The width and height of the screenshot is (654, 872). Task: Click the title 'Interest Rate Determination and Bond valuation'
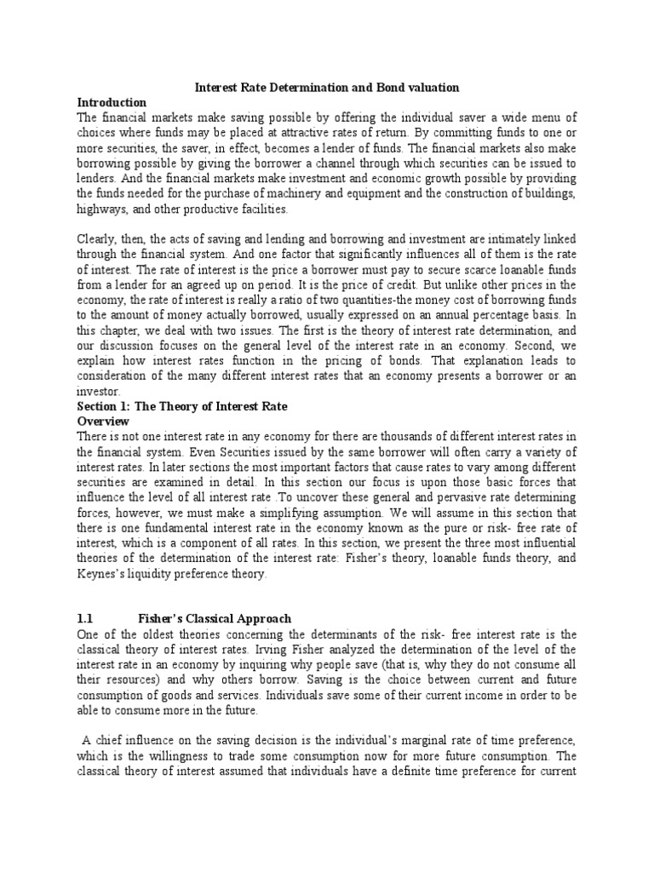pyautogui.click(x=327, y=88)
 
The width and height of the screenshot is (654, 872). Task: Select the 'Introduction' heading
pyautogui.click(x=112, y=102)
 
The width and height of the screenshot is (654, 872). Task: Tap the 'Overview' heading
pyautogui.click(x=103, y=421)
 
